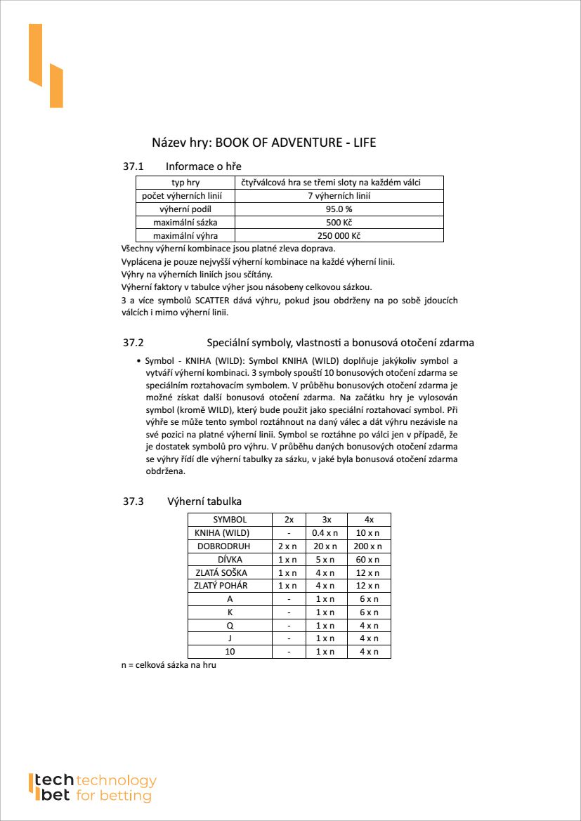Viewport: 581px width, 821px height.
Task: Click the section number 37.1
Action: click(x=133, y=166)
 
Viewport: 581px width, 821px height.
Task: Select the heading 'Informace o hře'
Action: click(x=204, y=166)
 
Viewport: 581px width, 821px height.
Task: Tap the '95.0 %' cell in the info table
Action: click(x=339, y=209)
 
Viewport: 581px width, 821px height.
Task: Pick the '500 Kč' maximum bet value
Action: click(x=339, y=223)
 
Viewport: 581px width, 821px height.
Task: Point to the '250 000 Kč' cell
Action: click(x=339, y=236)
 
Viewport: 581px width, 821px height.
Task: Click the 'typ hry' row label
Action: click(x=185, y=183)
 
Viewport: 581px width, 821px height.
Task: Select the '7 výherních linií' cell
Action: click(x=339, y=196)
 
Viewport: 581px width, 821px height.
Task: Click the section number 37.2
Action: click(x=133, y=343)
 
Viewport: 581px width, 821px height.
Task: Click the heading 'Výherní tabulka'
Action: click(x=204, y=501)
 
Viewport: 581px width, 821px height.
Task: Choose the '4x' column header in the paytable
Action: click(x=369, y=520)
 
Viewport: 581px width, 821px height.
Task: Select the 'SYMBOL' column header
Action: click(x=230, y=520)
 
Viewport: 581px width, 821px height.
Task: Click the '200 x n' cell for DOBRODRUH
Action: click(x=369, y=546)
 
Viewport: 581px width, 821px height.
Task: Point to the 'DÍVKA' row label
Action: click(x=230, y=560)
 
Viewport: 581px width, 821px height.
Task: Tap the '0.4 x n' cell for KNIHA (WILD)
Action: click(x=325, y=533)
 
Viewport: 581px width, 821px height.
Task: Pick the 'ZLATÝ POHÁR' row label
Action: click(x=221, y=586)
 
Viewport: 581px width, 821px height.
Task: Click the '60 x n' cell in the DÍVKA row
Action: click(x=369, y=560)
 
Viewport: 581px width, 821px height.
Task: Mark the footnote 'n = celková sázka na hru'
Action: click(x=169, y=664)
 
